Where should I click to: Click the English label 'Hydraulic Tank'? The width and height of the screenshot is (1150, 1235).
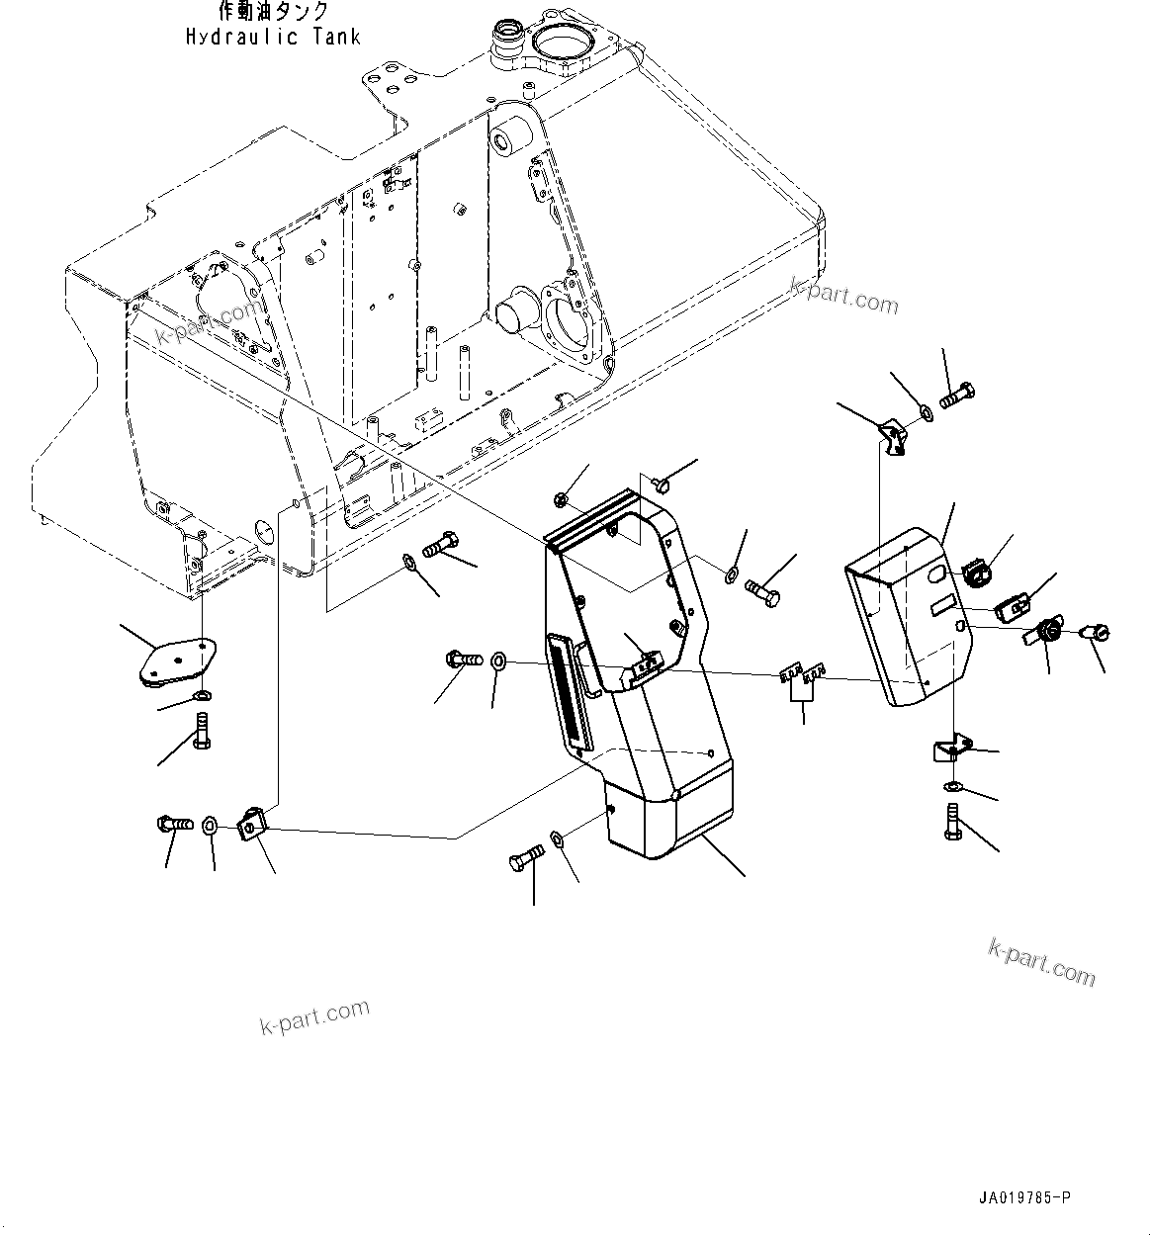click(273, 37)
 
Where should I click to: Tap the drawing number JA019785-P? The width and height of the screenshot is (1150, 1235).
click(1023, 1198)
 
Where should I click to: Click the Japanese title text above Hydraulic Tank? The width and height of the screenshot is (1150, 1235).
click(273, 12)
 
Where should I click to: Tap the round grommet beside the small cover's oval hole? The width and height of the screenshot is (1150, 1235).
click(977, 572)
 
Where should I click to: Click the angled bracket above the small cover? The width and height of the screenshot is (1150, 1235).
click(893, 435)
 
